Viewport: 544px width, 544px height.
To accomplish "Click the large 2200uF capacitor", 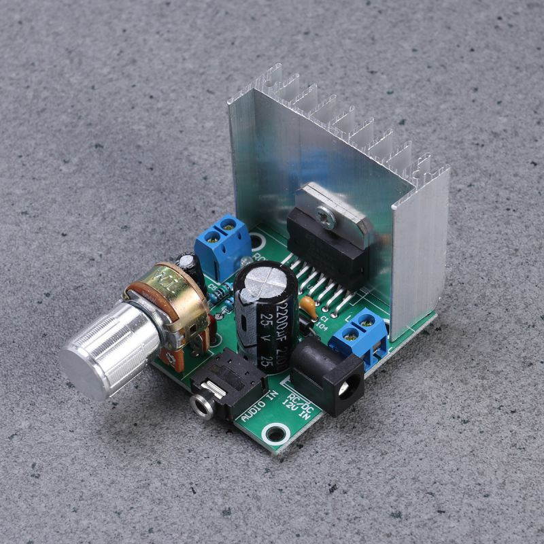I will [x=266, y=313].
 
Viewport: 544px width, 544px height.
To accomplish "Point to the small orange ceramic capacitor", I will [x=308, y=309].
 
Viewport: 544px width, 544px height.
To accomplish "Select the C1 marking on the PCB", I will [x=325, y=317].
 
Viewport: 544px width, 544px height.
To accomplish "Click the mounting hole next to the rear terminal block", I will [x=258, y=241].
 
